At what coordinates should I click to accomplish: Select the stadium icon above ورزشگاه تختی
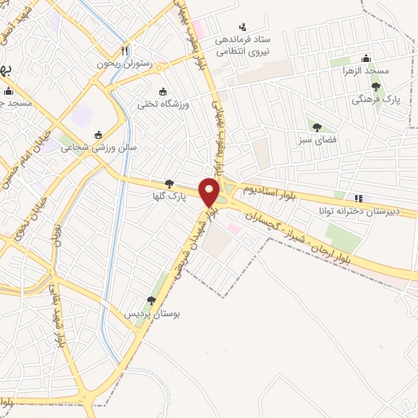(x=162, y=91)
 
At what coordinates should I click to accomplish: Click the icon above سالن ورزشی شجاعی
(x=99, y=135)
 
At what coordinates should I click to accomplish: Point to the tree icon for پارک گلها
(x=169, y=185)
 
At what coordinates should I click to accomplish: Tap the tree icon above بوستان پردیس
(x=151, y=301)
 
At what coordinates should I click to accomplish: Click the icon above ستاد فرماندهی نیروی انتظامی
(x=242, y=28)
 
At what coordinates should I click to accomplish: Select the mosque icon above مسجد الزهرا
(x=366, y=58)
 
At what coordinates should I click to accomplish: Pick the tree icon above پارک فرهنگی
(x=376, y=87)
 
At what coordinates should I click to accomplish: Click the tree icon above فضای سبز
(x=316, y=127)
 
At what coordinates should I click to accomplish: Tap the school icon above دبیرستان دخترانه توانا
(x=358, y=198)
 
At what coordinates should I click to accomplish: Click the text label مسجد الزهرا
(x=363, y=71)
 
